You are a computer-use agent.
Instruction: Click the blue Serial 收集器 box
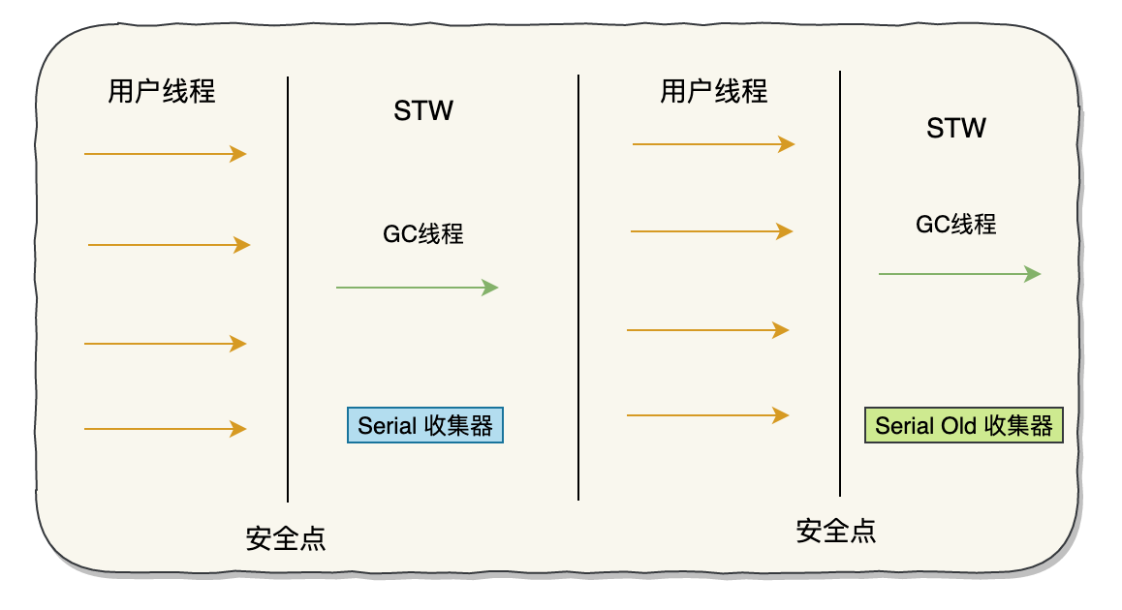(425, 425)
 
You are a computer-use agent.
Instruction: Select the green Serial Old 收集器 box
(963, 426)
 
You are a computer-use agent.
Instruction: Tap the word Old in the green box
(957, 426)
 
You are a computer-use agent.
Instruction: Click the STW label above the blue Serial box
(423, 110)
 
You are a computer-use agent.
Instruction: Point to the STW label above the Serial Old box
(956, 128)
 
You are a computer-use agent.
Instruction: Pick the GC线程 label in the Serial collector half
(423, 233)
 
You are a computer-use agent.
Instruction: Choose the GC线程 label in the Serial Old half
(956, 225)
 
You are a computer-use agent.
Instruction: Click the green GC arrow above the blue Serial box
(417, 288)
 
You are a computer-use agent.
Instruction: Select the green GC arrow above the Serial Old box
(959, 274)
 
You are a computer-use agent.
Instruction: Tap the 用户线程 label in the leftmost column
(162, 92)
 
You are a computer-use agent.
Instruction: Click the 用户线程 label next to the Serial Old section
(714, 92)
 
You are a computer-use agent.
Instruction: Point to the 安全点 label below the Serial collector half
(286, 538)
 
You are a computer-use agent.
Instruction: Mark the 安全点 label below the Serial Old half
(836, 531)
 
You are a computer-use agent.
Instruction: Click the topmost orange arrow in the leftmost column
(165, 153)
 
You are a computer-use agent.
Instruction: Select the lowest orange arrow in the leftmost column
(165, 428)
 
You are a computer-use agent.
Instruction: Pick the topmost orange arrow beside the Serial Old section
(713, 144)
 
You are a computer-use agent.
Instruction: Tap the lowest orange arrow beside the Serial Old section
(707, 415)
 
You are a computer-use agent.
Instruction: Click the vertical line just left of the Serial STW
(288, 290)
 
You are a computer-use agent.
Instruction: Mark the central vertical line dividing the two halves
(578, 290)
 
